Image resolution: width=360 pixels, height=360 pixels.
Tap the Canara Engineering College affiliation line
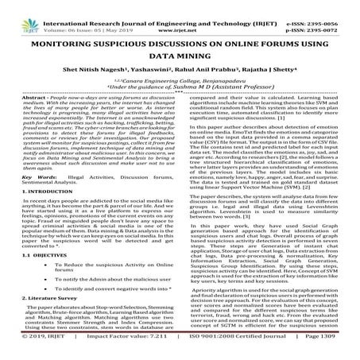(x=180, y=94)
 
